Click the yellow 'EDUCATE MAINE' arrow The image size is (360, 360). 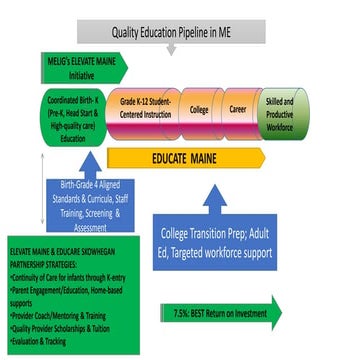click(x=200, y=157)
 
